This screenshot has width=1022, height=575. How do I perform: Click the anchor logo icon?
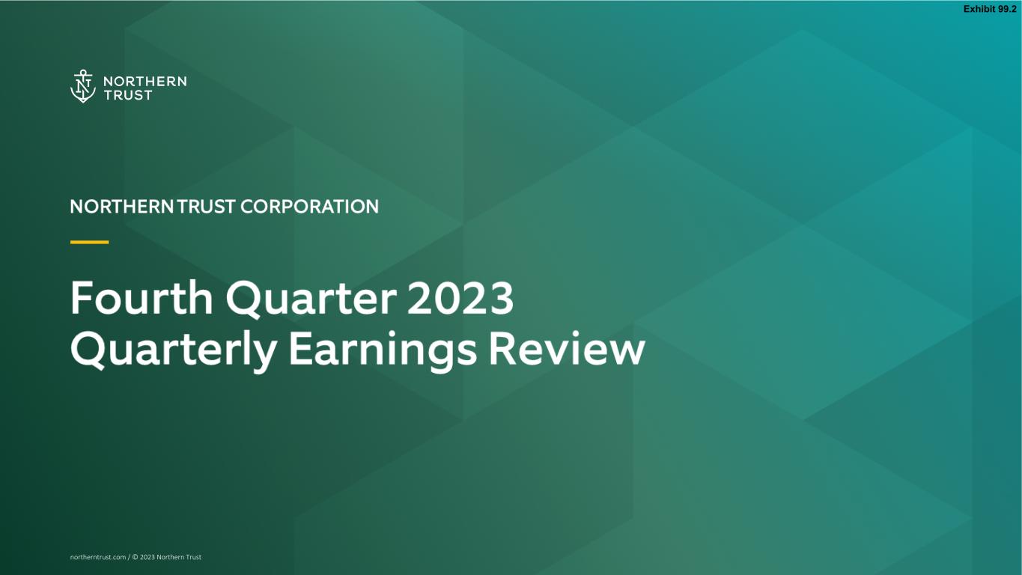82,86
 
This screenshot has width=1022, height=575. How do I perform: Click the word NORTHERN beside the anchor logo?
145,82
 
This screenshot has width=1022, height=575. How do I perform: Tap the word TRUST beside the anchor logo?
128,95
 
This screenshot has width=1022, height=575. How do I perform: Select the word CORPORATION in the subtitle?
309,207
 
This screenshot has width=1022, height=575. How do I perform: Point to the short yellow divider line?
89,242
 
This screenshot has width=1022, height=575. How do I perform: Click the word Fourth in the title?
142,298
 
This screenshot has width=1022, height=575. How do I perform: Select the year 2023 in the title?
460,298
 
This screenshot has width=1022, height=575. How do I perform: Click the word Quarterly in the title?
174,351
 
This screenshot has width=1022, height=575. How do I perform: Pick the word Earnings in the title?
383,351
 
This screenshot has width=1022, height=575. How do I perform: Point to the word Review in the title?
567,349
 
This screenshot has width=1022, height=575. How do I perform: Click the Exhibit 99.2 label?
990,9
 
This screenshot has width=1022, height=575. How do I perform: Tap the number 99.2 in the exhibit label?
1007,9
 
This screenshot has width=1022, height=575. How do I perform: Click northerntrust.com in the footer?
98,557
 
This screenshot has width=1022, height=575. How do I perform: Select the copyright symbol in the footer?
135,557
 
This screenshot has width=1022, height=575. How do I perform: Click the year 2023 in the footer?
147,557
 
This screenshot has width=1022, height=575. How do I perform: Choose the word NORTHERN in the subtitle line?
122,207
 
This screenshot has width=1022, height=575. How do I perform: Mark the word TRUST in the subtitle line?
206,207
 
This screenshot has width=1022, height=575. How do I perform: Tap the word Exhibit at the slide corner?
979,9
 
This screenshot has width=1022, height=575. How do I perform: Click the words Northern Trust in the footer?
179,557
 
